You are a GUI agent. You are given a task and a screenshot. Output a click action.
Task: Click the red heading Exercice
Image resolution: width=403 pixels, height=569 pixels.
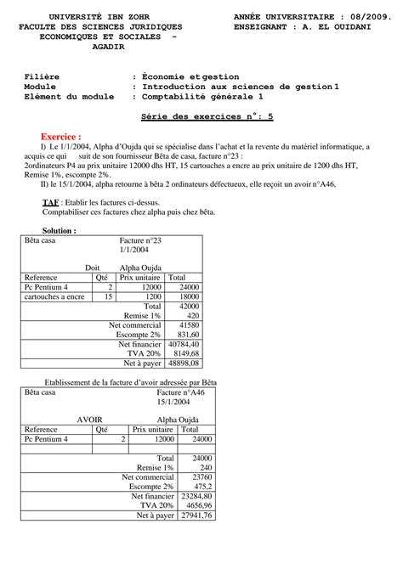click(x=60, y=136)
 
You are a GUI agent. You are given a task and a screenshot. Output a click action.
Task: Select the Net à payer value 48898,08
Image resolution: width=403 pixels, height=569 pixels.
click(x=184, y=363)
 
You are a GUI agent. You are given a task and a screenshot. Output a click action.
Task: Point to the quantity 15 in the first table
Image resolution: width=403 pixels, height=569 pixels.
click(x=108, y=297)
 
